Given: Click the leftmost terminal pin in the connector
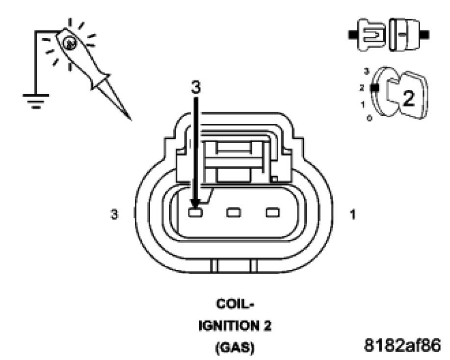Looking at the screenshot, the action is pos(196,213).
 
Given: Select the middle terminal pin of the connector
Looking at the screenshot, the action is pos(234,213).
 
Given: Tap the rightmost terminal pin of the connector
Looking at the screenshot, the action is pos(272,213).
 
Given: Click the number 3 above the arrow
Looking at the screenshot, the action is pos(196,87).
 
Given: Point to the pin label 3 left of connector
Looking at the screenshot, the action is pos(114,214).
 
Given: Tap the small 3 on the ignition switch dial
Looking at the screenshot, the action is pos(366,72).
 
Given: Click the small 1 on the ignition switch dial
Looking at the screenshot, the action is pos(363,104).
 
